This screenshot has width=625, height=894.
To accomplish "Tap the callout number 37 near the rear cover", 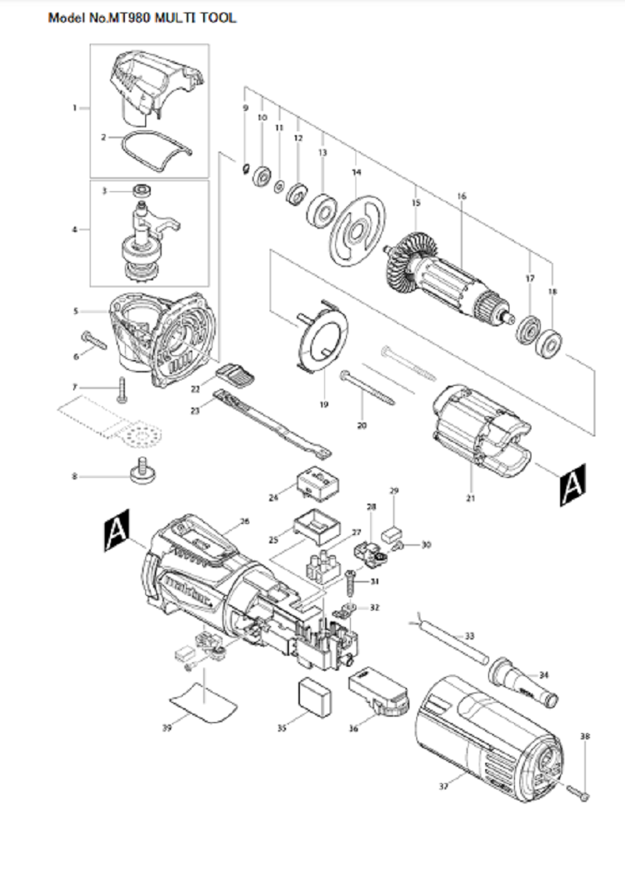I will point(444,785).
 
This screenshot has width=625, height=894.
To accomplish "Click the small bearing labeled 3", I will point(143,191).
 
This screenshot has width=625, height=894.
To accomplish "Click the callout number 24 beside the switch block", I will point(273,497).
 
